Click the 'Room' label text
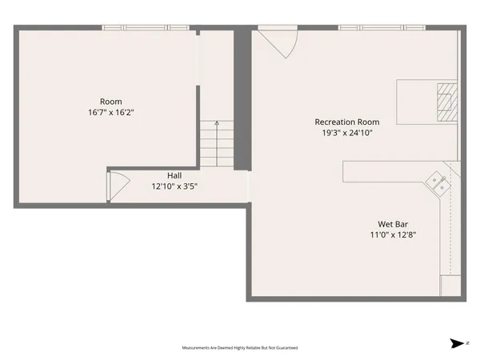coord(110,101)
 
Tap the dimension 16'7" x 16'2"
coord(110,113)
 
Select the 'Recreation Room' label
coord(346,122)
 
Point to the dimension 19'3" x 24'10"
coord(346,133)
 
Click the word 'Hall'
coord(174,175)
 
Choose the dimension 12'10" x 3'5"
coord(174,186)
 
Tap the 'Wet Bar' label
coord(395,224)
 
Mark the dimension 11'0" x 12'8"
coord(395,235)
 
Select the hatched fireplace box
coord(447,101)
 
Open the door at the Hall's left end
coord(115,187)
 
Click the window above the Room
coord(146,28)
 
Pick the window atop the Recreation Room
coord(381,28)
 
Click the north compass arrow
coord(458,343)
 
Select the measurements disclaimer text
coord(240,348)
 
